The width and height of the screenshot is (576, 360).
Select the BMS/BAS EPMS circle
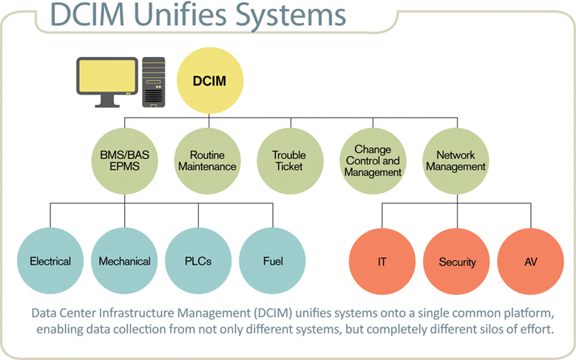pyautogui.click(x=124, y=160)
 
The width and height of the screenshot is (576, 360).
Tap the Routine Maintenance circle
pyautogui.click(x=207, y=160)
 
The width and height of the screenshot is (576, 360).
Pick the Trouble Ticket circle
pyautogui.click(x=289, y=160)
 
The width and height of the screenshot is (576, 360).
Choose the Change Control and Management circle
pyautogui.click(x=373, y=160)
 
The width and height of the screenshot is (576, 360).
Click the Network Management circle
pyautogui.click(x=456, y=160)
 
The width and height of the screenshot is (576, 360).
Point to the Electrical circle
pyautogui.click(x=50, y=261)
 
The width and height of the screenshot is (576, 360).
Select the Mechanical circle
pyautogui.click(x=124, y=261)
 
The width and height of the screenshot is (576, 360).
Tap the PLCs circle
pyautogui.click(x=198, y=261)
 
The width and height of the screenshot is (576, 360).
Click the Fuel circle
pyautogui.click(x=273, y=261)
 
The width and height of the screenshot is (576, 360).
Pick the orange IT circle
pyautogui.click(x=382, y=262)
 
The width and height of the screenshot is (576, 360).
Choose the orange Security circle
pyautogui.click(x=457, y=262)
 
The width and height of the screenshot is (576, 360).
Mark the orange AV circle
pyautogui.click(x=532, y=262)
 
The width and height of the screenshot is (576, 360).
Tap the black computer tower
pyautogui.click(x=155, y=83)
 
